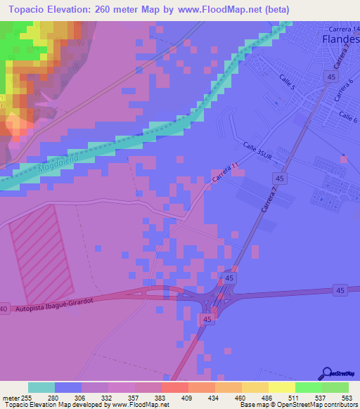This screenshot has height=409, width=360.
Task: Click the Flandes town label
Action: pyautogui.click(x=340, y=39)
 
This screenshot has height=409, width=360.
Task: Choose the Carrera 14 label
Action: pyautogui.click(x=345, y=28)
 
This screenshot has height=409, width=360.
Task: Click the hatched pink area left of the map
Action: pyautogui.click(x=39, y=257)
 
